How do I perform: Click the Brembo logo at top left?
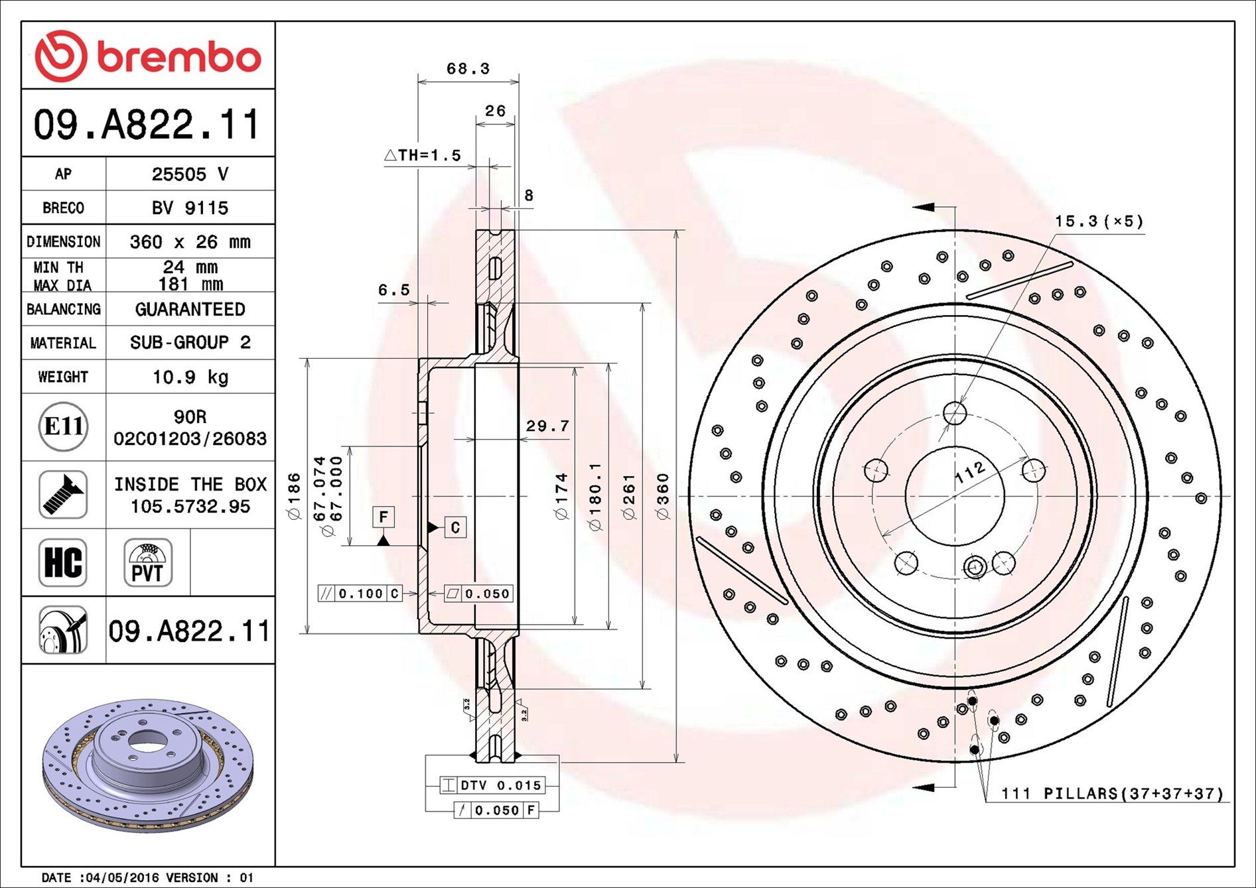pos(147,56)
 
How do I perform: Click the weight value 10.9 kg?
pos(190,377)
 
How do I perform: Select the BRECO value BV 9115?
pos(190,208)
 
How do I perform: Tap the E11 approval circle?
pos(63,426)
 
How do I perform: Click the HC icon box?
pos(63,562)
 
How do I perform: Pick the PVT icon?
pos(147,562)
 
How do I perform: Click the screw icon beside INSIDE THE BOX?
pos(63,495)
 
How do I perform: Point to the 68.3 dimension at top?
pos(468,69)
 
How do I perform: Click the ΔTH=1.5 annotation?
pos(423,155)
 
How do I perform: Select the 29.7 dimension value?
pos(547,426)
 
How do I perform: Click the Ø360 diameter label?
pos(662,496)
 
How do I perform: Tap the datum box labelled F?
pos(384,517)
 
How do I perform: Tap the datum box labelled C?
pos(455,527)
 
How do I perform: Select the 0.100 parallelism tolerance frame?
pos(360,594)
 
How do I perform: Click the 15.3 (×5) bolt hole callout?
pos(1099,222)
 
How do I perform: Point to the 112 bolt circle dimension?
pos(970,472)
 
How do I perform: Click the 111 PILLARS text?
pos(1112,793)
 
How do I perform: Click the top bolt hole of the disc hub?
pos(955,413)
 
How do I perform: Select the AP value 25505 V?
pos(190,174)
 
